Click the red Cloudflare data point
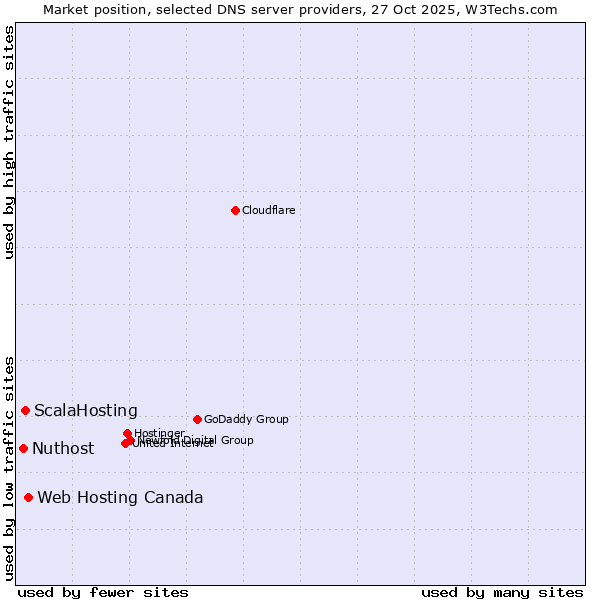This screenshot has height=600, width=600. (x=235, y=210)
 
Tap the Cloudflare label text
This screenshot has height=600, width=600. (x=268, y=211)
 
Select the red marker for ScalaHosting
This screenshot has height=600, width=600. (x=25, y=410)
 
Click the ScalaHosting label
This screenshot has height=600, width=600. (x=86, y=411)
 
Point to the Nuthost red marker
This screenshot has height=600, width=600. (x=23, y=448)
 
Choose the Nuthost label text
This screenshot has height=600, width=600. (x=63, y=449)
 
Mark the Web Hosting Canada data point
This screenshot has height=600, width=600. (x=28, y=497)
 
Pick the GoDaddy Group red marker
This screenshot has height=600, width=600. (x=197, y=419)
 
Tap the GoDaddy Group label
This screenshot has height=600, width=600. (x=246, y=420)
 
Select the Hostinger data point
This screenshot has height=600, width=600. (x=128, y=433)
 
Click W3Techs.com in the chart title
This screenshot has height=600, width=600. (x=514, y=10)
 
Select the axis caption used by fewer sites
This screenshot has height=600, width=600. (x=103, y=592)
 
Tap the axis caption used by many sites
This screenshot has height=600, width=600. (x=501, y=592)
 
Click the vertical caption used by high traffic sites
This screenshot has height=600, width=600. (x=10, y=142)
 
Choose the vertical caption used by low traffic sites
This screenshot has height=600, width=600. (x=10, y=467)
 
